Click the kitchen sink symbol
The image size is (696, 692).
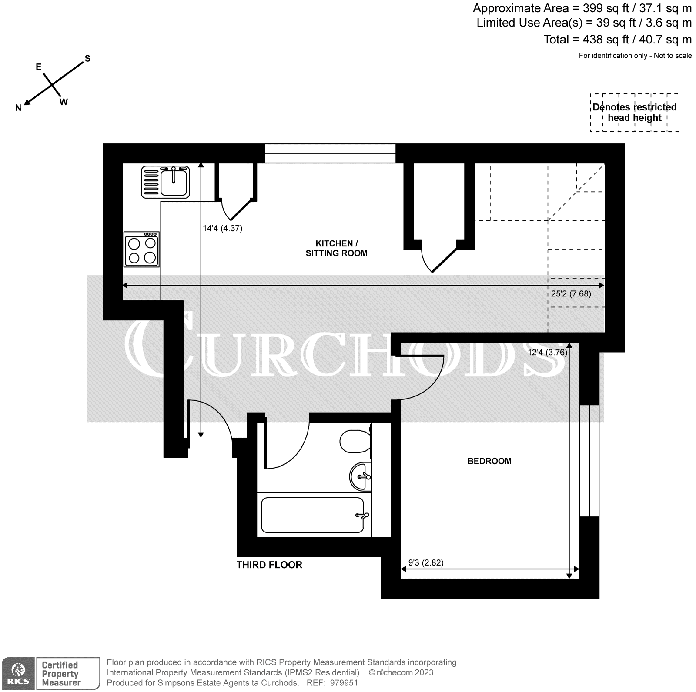pos(166,182)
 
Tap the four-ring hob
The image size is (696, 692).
pos(142,250)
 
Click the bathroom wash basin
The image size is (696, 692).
pos(360,476)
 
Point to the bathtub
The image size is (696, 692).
pos(312,515)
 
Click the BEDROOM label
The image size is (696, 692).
pos(489,461)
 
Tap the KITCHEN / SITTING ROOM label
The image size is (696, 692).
pos(336,248)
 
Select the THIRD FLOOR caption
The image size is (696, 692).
pos(269,565)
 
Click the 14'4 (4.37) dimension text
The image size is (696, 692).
pos(223,228)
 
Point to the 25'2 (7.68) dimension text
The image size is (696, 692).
pos(571,294)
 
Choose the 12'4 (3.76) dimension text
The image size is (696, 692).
pos(548,353)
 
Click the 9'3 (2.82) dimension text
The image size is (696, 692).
pos(426,562)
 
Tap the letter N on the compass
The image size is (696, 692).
pos(18,108)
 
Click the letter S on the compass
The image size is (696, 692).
pos(87,58)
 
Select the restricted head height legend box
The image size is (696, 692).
pos(635,113)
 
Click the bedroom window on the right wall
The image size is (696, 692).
pos(589,461)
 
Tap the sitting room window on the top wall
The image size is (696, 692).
pos(330,153)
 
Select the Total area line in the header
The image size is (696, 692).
pos(617,40)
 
